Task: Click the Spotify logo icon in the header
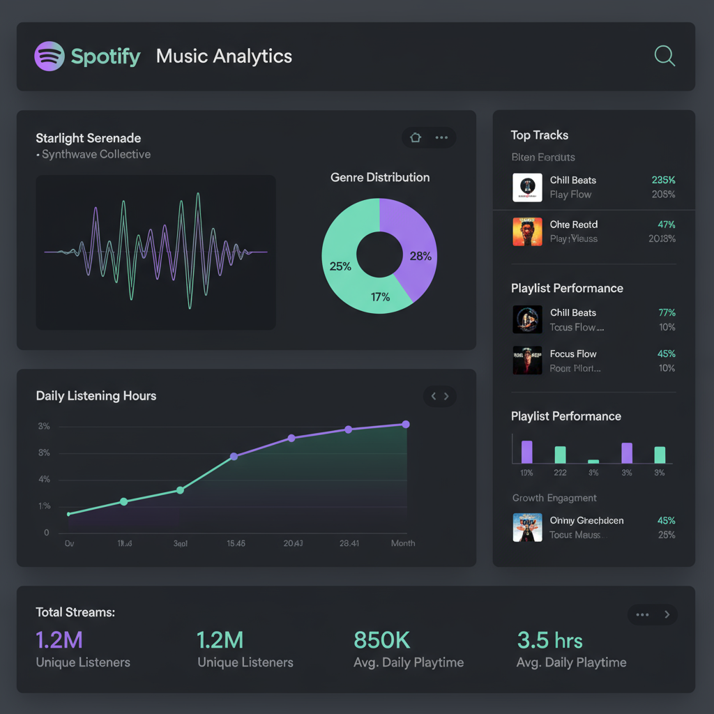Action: [x=50, y=56]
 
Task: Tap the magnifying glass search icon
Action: [x=664, y=56]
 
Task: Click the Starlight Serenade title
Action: [x=89, y=138]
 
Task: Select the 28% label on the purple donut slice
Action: [x=420, y=256]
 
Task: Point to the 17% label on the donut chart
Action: [x=380, y=297]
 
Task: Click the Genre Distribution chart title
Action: [x=380, y=177]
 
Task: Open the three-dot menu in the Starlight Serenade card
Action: [x=441, y=137]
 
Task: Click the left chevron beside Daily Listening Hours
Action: [x=433, y=396]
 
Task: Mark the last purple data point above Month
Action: [x=406, y=424]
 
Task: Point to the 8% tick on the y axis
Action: [x=44, y=453]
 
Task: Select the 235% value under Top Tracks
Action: [x=663, y=180]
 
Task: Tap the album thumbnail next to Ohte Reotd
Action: [x=527, y=231]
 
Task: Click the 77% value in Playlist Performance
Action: [x=667, y=312]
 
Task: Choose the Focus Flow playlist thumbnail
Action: [x=527, y=360]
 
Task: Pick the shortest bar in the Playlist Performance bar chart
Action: [x=593, y=461]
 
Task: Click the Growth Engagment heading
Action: [x=554, y=498]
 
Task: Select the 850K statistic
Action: [x=382, y=639]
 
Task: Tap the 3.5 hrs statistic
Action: [x=549, y=639]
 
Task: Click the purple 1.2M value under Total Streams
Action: [x=59, y=639]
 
